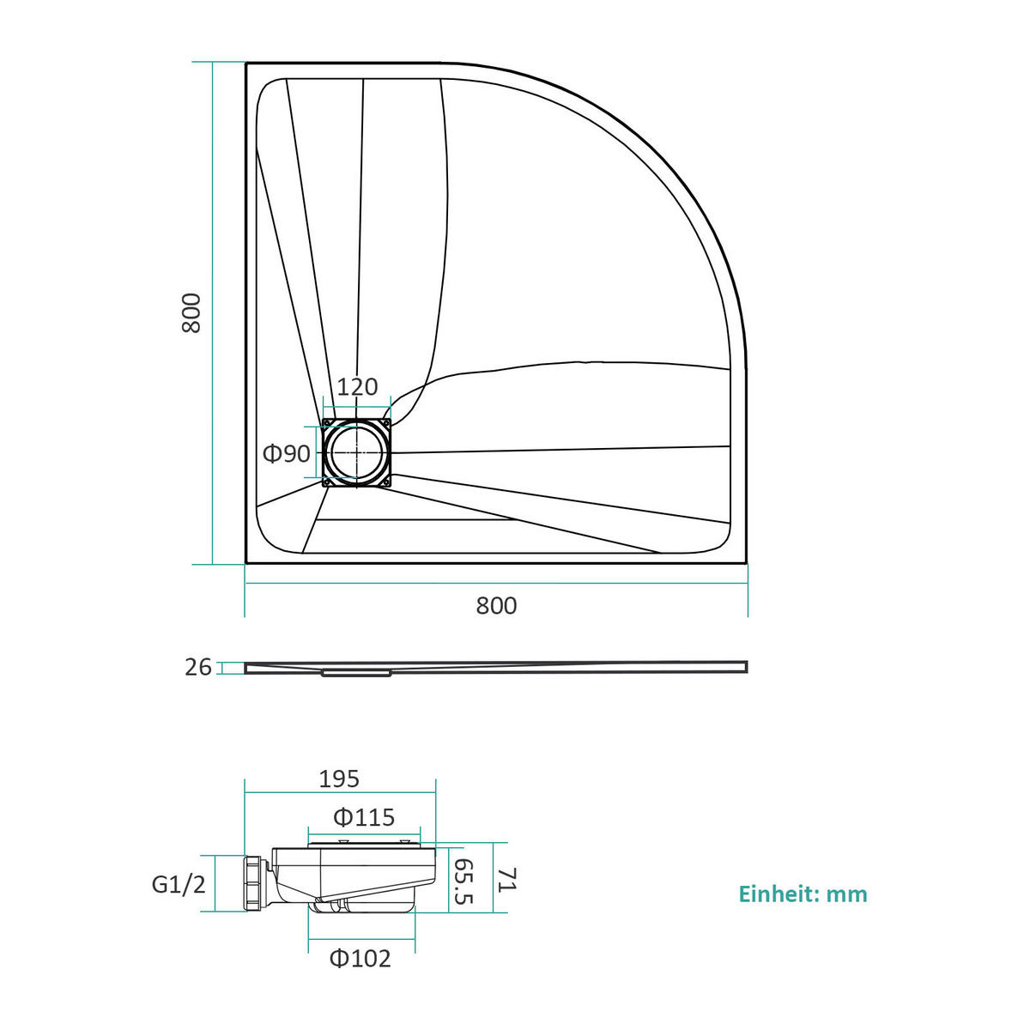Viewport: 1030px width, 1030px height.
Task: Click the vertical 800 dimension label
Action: [191, 312]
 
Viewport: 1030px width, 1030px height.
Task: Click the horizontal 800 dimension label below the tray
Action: [496, 606]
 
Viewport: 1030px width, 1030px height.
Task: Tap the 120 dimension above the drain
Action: [358, 386]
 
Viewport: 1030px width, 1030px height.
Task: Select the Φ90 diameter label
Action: [287, 454]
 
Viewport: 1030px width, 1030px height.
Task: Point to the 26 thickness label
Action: [198, 667]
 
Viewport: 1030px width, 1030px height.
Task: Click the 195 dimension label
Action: [339, 779]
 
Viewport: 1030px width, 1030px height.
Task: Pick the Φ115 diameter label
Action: [363, 818]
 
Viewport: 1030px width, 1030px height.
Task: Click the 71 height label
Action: [506, 880]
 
